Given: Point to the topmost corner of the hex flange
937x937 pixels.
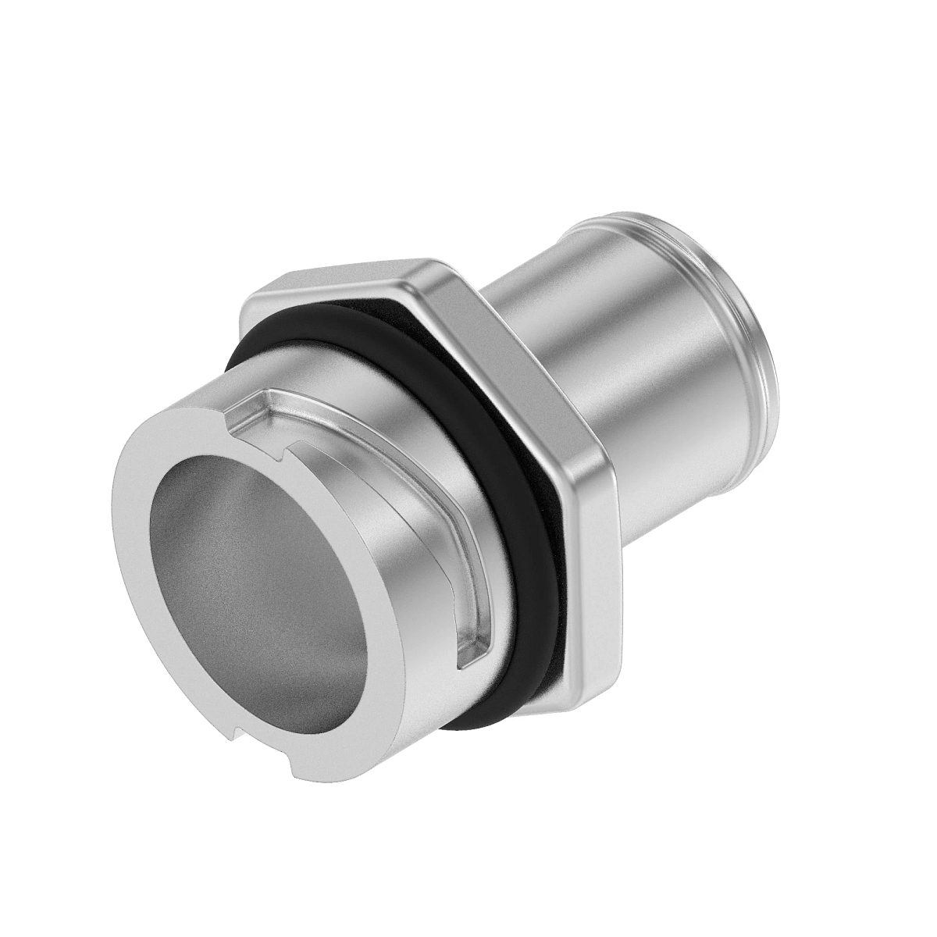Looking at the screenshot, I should [x=426, y=262].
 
